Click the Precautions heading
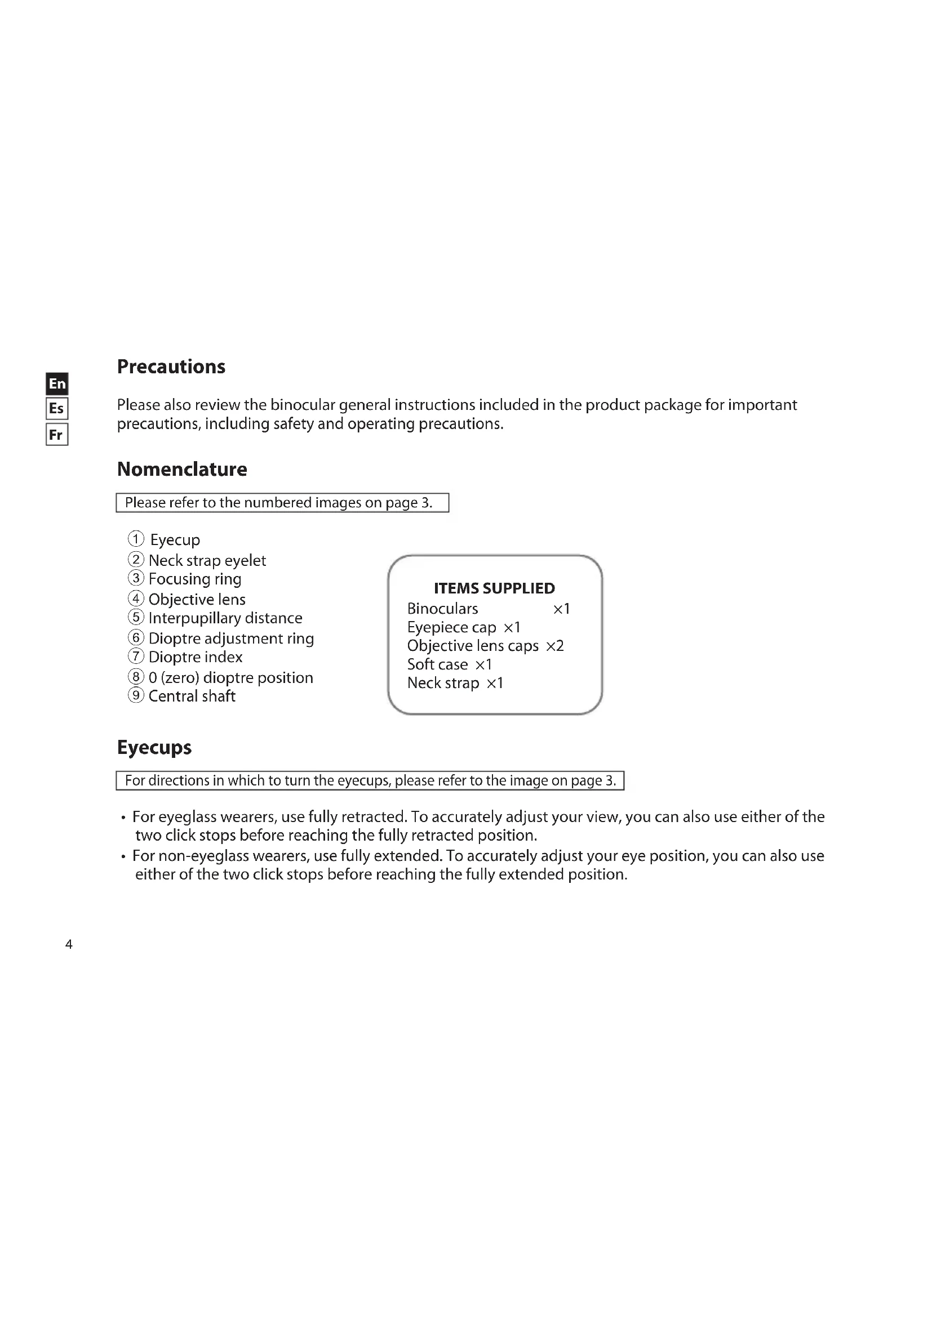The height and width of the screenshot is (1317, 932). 171,367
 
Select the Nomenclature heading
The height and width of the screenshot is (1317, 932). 182,469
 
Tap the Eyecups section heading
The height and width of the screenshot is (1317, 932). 154,747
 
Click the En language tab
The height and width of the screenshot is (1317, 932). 57,383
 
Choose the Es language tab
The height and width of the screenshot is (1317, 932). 57,408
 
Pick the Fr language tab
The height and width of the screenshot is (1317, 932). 57,434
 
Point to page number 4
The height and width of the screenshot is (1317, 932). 69,944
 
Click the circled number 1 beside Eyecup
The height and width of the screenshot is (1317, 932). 136,539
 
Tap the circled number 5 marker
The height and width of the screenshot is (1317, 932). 136,617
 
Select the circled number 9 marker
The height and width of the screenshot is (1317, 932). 136,695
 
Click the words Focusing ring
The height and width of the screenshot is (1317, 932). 194,579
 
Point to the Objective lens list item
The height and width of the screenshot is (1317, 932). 197,600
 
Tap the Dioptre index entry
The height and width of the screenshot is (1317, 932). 195,657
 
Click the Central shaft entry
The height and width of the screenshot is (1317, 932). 192,696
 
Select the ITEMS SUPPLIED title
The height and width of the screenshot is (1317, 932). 494,588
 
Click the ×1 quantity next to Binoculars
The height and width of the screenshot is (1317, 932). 561,609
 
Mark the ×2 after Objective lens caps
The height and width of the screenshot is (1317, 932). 555,646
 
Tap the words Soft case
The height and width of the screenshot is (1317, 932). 437,664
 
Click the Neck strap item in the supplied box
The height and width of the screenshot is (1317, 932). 443,682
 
